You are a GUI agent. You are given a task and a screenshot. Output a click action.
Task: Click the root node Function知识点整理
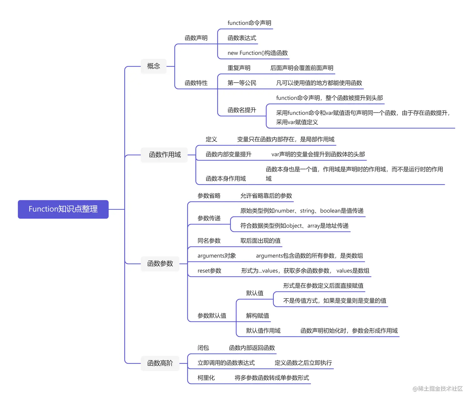tap(63, 209)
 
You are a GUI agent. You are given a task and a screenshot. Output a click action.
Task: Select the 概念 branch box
tap(153, 66)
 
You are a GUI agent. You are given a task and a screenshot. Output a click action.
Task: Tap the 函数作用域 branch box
tap(165, 155)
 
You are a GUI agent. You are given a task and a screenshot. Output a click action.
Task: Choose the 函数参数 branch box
tap(160, 264)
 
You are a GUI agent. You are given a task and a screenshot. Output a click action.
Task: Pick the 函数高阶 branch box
tap(160, 363)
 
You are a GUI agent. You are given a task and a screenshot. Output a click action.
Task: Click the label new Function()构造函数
tap(257, 53)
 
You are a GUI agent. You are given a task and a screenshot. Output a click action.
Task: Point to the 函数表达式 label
tap(242, 38)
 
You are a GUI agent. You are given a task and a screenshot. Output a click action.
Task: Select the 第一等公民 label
tap(242, 83)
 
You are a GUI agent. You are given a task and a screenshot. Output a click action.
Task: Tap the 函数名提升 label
tap(242, 110)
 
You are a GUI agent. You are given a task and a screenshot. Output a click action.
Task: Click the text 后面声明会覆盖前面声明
tap(302, 68)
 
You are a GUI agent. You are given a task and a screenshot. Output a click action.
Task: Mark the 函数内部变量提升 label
tap(228, 154)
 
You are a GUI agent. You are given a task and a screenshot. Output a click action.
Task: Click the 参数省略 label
tap(209, 196)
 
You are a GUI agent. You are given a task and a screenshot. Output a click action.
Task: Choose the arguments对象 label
tap(216, 256)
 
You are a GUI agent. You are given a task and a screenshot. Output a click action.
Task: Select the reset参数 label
tap(209, 271)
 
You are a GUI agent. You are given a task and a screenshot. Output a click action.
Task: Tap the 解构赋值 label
tap(257, 316)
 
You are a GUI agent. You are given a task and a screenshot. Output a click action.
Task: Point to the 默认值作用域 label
tap(263, 331)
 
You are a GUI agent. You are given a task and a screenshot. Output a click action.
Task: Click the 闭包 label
tap(203, 348)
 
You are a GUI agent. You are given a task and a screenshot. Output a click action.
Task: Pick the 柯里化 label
tap(206, 378)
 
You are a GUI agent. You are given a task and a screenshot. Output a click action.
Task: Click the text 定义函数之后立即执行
tap(303, 363)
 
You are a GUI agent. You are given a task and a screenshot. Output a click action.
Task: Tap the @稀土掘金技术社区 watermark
tap(437, 389)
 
